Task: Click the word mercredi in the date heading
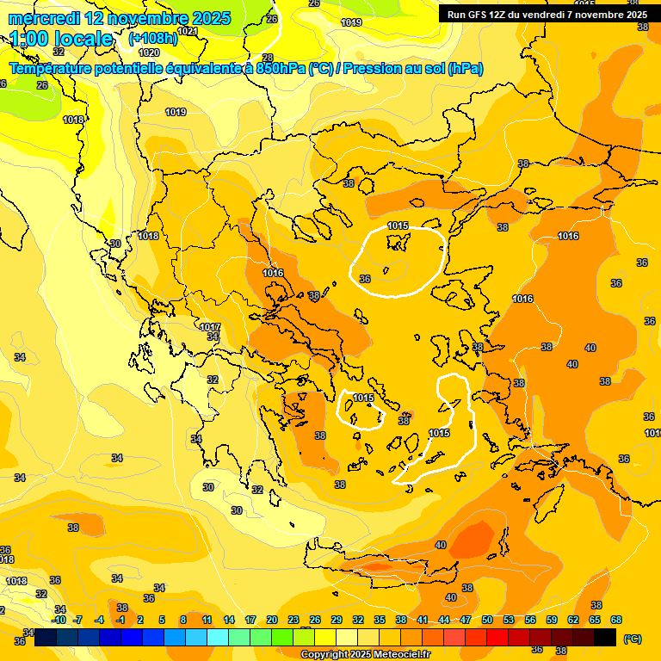click(42, 18)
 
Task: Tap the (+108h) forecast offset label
click(152, 39)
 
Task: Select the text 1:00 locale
click(61, 39)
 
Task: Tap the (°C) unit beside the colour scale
click(633, 639)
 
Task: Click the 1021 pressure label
click(188, 31)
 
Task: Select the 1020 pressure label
click(149, 53)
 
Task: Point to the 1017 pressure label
click(210, 327)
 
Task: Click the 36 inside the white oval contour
click(365, 279)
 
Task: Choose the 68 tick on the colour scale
click(615, 620)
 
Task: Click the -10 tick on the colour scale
click(59, 620)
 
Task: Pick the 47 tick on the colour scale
click(466, 620)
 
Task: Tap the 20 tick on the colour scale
click(272, 620)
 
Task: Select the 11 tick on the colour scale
click(207, 620)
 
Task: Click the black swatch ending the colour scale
click(605, 637)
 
